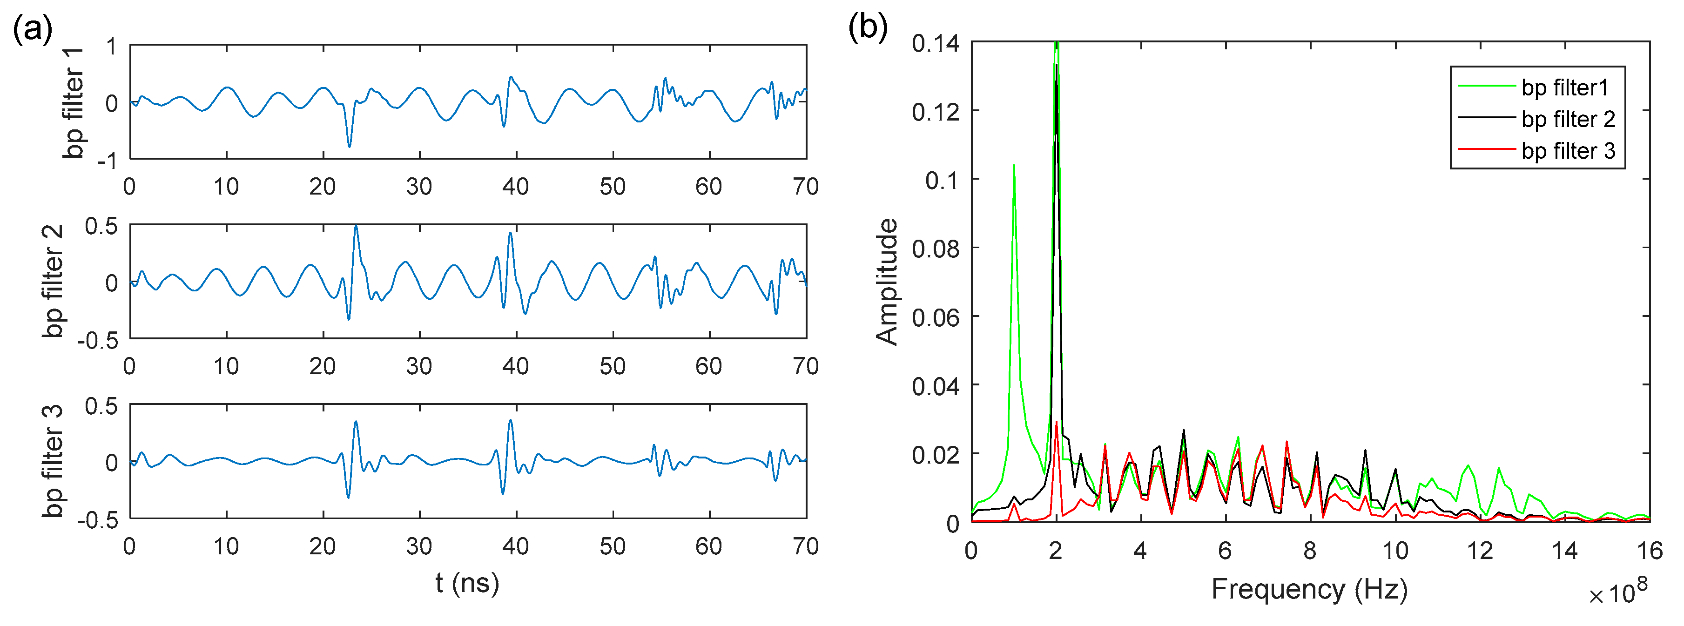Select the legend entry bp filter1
tap(1564, 88)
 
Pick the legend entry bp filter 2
tap(1568, 119)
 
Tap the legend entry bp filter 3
tap(1568, 151)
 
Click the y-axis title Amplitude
tap(887, 282)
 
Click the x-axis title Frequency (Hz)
tap(1309, 589)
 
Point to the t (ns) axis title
tap(467, 583)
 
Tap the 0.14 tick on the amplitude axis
tap(936, 44)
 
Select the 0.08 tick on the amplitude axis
tap(936, 249)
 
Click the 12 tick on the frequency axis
tap(1480, 552)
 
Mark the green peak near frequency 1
tap(1014, 165)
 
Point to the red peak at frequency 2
tap(1057, 423)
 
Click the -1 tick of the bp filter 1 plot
tap(107, 160)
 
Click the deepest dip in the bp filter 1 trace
tap(349, 146)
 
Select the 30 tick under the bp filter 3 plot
tap(419, 546)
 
